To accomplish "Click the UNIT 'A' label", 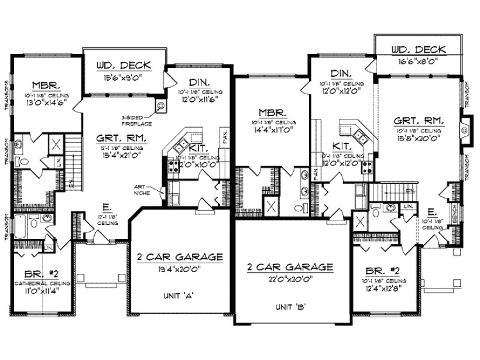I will click(180, 296).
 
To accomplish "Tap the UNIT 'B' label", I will click(291, 306).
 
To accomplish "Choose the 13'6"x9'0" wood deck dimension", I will click(122, 77).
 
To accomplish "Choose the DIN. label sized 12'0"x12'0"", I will click(341, 74).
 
